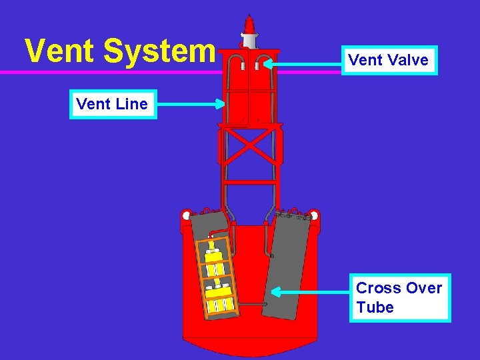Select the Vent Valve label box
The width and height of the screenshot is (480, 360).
click(388, 60)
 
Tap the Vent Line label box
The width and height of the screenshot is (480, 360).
click(113, 104)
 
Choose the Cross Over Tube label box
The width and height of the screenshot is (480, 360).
click(399, 297)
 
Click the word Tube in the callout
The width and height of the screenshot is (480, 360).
click(375, 307)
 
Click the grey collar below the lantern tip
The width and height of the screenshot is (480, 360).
click(249, 41)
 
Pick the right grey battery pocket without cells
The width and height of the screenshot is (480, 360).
click(288, 267)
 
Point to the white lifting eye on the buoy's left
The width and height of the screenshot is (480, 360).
click(187, 216)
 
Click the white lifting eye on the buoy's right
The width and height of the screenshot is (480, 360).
click(313, 215)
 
